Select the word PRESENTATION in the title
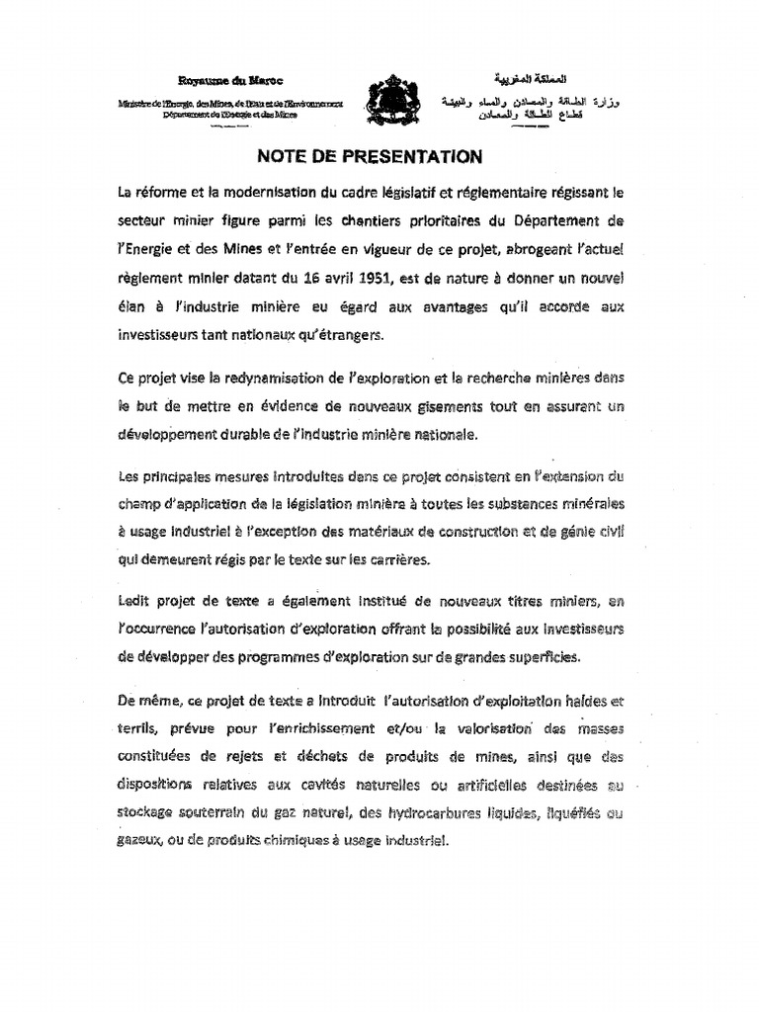pyautogui.click(x=417, y=155)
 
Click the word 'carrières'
pyautogui.click(x=395, y=559)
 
